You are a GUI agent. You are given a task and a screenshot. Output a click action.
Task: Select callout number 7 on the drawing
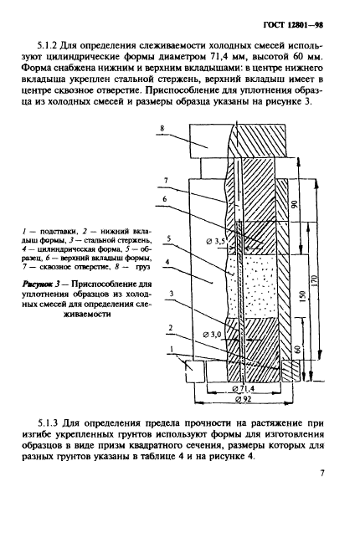click(166, 180)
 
